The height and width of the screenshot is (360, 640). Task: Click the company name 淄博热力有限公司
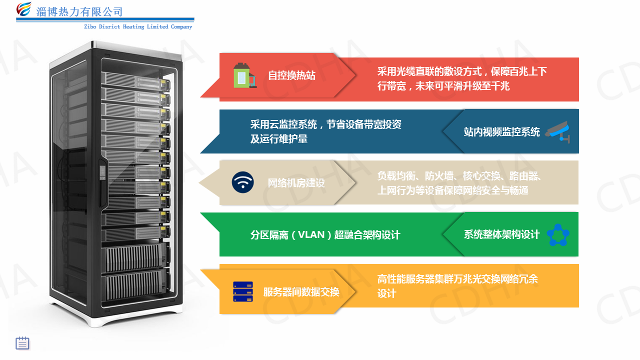point(79,11)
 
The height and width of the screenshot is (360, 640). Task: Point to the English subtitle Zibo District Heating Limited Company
point(138,27)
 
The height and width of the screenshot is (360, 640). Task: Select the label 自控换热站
point(291,75)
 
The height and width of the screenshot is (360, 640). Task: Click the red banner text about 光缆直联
point(462,78)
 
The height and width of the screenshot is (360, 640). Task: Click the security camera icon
point(557,131)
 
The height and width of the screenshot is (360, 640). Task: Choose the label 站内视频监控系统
point(501,132)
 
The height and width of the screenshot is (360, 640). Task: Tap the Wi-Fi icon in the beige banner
point(243,182)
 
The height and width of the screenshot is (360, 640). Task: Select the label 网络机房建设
point(296,183)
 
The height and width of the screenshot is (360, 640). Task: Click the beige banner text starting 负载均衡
point(460,183)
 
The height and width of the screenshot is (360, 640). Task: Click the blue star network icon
point(557,234)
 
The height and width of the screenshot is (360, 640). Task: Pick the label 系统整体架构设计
point(501,234)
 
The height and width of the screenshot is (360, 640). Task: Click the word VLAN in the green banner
point(311,234)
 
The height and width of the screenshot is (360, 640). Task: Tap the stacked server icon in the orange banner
point(243,291)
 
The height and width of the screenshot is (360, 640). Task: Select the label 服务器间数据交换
point(301,292)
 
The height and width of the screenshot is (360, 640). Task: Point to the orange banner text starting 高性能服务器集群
point(457,286)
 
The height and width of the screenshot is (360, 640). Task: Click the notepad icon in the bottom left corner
point(22,343)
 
